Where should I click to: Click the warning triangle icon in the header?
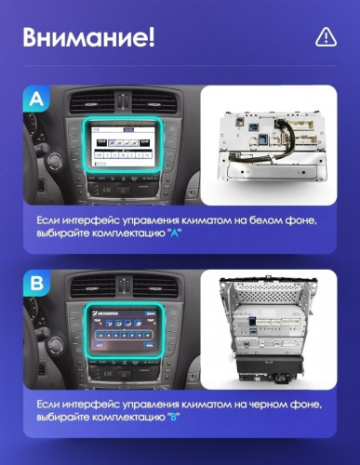[325, 36]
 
